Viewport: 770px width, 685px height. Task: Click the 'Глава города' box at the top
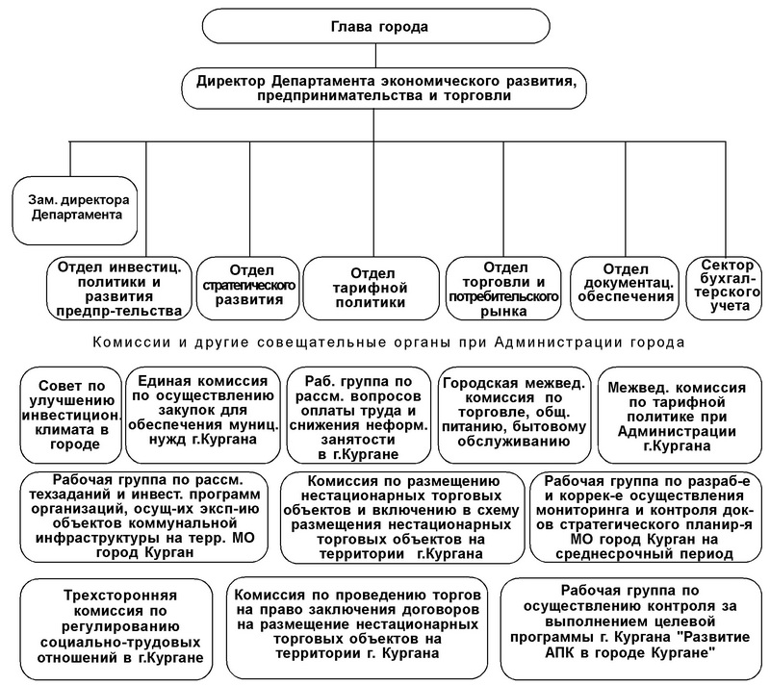[x=382, y=28]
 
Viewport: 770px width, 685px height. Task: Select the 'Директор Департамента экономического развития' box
[x=382, y=90]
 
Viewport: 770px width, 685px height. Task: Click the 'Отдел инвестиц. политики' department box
[x=119, y=287]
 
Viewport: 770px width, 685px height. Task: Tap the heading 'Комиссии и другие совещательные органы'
[x=385, y=342]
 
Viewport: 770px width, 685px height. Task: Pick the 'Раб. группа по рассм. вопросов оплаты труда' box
[x=355, y=413]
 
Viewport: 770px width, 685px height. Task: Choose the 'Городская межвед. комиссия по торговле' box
[x=511, y=413]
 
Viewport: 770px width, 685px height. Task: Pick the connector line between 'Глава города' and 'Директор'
[x=382, y=57]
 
